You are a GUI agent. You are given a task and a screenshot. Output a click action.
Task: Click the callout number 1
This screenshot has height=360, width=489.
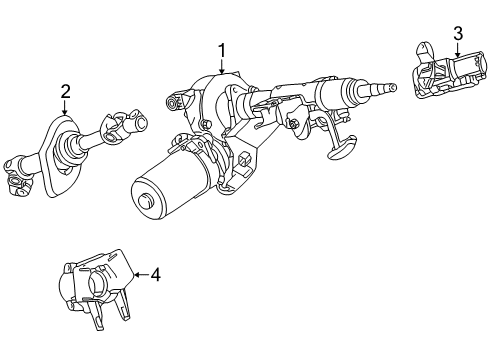click(222, 50)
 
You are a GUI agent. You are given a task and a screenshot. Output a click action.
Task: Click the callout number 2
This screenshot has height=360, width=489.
click(65, 92)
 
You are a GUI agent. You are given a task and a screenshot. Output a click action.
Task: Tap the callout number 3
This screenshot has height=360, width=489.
click(458, 36)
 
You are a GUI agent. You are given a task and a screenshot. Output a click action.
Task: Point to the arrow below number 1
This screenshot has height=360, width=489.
click(222, 67)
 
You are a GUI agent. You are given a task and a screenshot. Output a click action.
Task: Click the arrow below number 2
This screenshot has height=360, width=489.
click(65, 109)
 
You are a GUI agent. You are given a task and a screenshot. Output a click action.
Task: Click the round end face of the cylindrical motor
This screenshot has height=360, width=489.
click(145, 204)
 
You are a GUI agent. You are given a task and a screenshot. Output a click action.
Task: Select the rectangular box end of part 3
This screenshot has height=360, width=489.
click(463, 75)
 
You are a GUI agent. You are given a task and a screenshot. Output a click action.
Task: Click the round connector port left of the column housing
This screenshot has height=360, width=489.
click(177, 102)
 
